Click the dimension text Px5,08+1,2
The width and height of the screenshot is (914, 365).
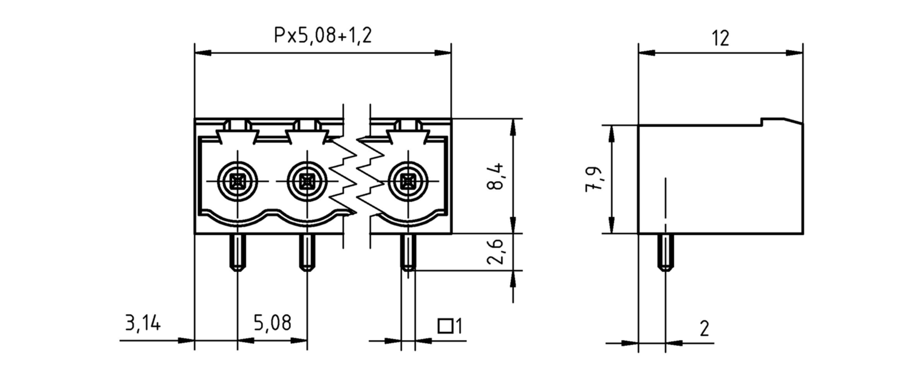coord(322,35)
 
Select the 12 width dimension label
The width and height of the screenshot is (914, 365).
coord(720,38)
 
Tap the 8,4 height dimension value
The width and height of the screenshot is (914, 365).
coord(495,177)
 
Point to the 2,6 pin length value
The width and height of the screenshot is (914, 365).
coord(495,252)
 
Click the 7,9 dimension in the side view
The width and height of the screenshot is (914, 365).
coord(594,179)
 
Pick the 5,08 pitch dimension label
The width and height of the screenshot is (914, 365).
coord(272,323)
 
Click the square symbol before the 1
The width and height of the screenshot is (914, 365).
coord(445,326)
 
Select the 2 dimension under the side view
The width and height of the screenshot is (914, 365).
coord(704,328)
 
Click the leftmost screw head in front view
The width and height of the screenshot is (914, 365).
coord(237,182)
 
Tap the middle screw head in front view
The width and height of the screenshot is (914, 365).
coord(307,182)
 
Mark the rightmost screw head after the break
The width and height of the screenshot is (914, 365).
coord(408,182)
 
